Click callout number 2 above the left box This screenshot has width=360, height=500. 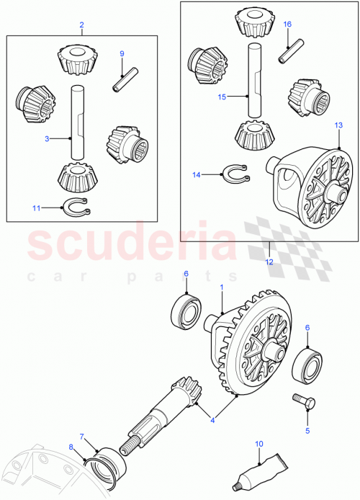pyautogui.click(x=81, y=25)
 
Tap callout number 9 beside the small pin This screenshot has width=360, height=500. pyautogui.click(x=122, y=54)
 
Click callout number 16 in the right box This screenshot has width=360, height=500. pyautogui.click(x=287, y=24)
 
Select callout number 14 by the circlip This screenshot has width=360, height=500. pyautogui.click(x=197, y=174)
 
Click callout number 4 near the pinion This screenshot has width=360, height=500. pyautogui.click(x=212, y=419)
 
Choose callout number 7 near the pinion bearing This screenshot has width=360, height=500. pyautogui.click(x=82, y=436)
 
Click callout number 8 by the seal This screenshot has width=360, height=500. pyautogui.click(x=71, y=447)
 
